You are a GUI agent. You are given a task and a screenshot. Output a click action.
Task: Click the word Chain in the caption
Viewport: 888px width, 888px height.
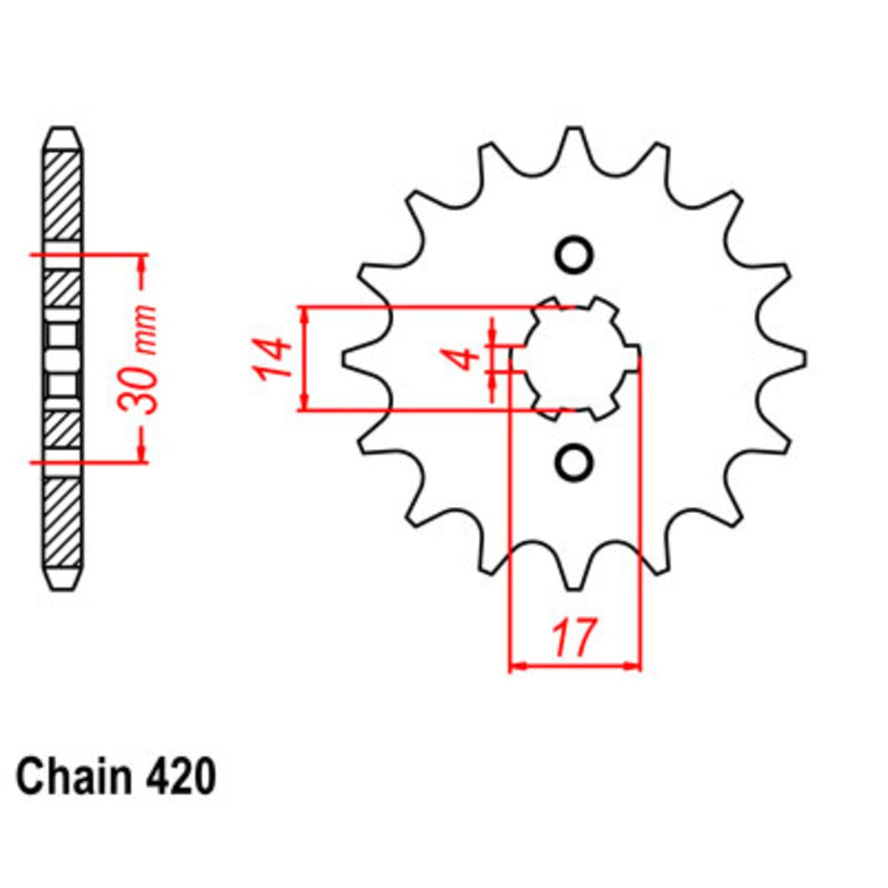pos(72,777)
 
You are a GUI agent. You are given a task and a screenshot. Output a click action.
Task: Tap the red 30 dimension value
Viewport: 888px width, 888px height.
pos(142,387)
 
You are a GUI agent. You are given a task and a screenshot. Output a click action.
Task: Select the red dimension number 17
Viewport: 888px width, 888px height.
pos(573,638)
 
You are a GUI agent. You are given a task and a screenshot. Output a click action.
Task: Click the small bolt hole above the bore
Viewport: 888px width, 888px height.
pos(574,255)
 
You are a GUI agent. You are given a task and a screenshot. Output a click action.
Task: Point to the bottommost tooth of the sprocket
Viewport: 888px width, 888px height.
pos(575,582)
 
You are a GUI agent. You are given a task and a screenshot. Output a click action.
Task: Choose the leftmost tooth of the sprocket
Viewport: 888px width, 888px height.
pos(351,359)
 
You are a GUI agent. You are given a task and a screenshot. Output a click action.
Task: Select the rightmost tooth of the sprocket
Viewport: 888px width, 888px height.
pos(797,359)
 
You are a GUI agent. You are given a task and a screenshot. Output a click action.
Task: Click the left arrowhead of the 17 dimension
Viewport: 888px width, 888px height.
pos(516,664)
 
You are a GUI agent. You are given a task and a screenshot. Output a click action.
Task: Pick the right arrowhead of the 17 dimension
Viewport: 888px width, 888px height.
pos(632,664)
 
